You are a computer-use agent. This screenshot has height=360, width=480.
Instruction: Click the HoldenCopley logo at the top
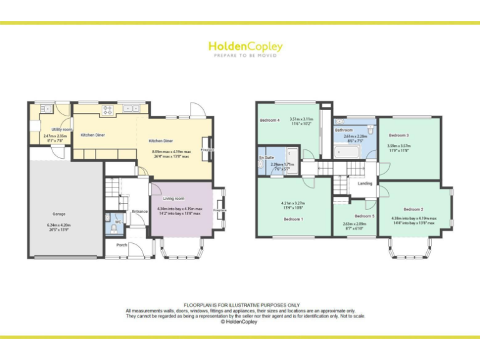[245, 47]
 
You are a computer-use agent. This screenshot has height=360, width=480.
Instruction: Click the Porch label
[121, 245]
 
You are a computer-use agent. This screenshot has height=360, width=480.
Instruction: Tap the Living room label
[165, 198]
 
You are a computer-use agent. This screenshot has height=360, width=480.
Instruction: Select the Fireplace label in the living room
[219, 211]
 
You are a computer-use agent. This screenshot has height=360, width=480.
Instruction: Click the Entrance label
[139, 211]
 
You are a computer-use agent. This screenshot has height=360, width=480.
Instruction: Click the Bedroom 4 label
[270, 120]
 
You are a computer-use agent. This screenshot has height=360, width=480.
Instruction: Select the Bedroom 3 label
[398, 135]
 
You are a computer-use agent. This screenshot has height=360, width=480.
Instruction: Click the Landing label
[364, 184]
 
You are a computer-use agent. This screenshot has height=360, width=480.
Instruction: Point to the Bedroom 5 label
[364, 216]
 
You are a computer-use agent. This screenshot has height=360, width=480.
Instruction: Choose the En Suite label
[266, 157]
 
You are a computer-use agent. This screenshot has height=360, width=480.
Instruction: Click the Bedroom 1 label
[293, 219]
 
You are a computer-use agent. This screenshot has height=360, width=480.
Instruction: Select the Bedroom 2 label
[413, 209]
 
